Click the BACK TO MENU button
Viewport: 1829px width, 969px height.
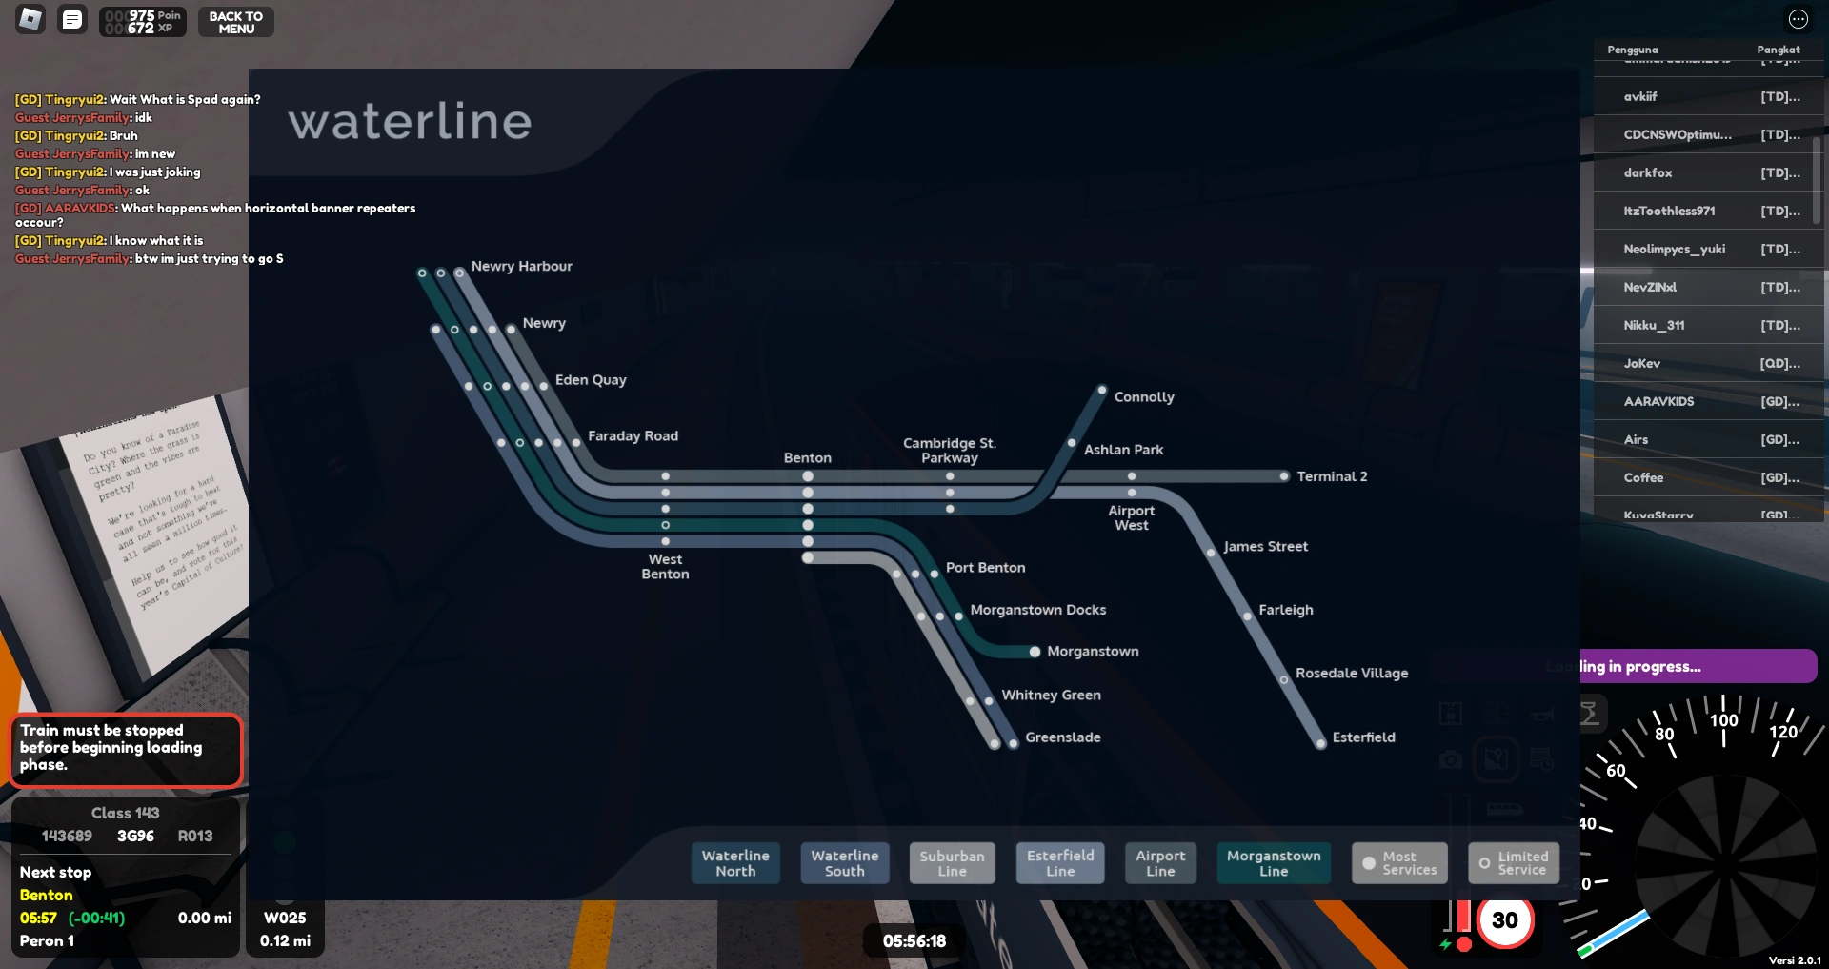tap(235, 22)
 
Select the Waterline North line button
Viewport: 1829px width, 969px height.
tap(735, 863)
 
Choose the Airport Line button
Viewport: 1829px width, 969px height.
tap(1160, 863)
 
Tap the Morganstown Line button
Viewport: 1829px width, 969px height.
tap(1274, 863)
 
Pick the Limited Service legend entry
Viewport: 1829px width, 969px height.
tap(1514, 863)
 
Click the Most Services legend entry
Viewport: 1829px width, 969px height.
tap(1399, 863)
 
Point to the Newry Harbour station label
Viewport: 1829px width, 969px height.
tap(521, 267)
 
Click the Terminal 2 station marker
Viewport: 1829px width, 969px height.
tap(1284, 476)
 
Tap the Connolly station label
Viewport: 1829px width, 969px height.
tap(1144, 397)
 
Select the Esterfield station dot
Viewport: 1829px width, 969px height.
tap(1320, 743)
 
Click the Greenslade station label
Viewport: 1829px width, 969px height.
tap(1063, 737)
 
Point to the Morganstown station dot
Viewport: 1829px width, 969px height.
tap(1035, 652)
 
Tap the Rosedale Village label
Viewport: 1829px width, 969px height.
tap(1352, 674)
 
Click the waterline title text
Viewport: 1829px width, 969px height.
tap(410, 122)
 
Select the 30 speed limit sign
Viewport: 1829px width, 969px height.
tap(1505, 920)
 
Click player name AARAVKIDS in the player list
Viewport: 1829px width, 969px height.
tap(1658, 402)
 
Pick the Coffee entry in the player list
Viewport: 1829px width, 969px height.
tap(1643, 478)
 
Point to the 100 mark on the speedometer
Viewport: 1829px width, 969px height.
tap(1723, 720)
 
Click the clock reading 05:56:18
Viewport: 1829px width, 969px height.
tap(914, 941)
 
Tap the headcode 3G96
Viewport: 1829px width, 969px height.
tap(135, 837)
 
